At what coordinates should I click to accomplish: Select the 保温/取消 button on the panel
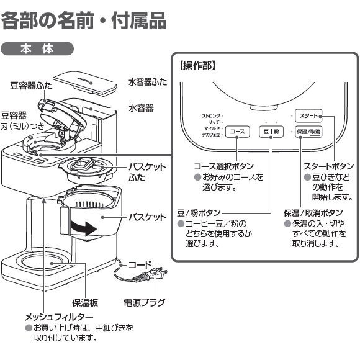[x=308, y=132]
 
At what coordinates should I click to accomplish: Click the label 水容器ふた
[x=148, y=81]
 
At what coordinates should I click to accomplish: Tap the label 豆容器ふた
[x=31, y=85]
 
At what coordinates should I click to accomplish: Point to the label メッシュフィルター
[x=59, y=317]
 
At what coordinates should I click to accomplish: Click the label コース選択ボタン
[x=224, y=166]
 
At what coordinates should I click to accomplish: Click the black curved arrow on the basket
[x=82, y=227]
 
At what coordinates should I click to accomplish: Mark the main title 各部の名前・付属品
[x=84, y=20]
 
